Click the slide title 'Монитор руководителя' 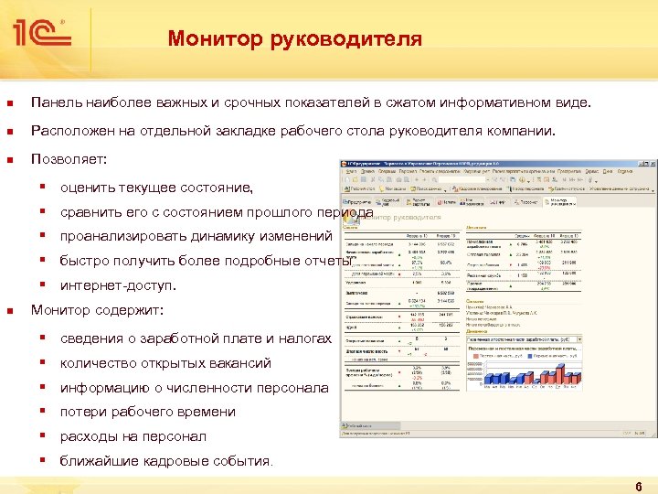coord(294,39)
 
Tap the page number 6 coord(638,482)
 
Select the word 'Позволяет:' coord(69,158)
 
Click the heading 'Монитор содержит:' coord(97,310)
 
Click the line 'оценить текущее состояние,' coord(156,188)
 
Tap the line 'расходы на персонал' coord(133,436)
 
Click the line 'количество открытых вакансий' coord(165,363)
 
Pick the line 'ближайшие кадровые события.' coord(166,460)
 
